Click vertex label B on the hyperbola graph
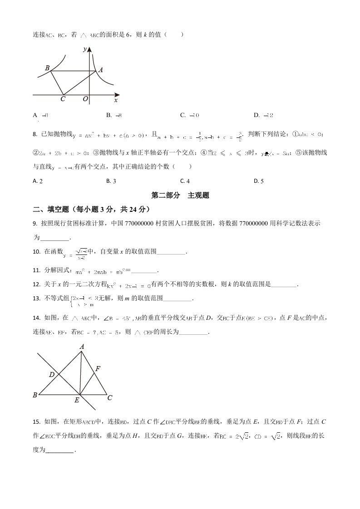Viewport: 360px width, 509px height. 47,68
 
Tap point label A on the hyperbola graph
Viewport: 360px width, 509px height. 101,70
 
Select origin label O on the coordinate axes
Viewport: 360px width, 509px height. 85,99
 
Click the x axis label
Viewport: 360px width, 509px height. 116,99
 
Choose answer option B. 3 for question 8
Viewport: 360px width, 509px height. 111,181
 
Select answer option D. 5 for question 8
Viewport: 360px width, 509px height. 259,181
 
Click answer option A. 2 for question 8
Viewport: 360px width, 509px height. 38,181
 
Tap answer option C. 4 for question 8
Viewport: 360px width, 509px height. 185,181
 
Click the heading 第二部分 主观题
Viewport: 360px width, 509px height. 180,196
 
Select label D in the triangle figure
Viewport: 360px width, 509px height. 52,375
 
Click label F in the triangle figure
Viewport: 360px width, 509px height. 97,369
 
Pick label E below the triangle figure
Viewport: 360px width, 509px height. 77,401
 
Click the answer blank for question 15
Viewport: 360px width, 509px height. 59,450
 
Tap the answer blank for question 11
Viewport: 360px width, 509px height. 143,271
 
